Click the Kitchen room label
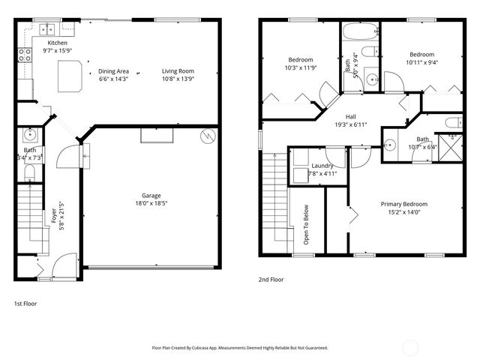tap(57, 43)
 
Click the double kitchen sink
tap(48, 30)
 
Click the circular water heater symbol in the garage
tap(208, 136)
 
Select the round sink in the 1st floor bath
tap(31, 136)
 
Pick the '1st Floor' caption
tap(25, 304)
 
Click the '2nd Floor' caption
tap(271, 280)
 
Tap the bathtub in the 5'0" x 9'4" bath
tap(361, 33)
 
